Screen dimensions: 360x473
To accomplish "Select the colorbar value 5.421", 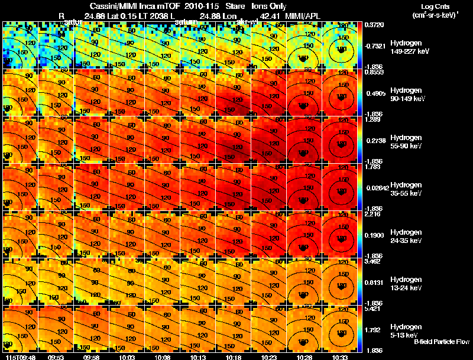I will (372, 309).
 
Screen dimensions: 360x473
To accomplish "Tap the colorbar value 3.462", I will (372, 262).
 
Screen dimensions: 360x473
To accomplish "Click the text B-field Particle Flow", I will (441, 342).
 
